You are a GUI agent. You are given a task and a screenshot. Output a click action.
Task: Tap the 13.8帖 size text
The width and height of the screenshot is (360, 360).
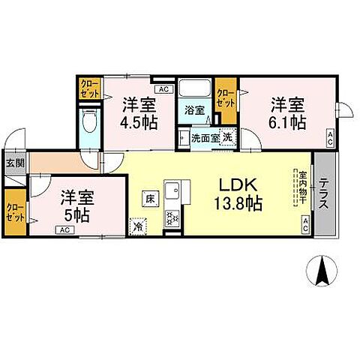tap(239, 202)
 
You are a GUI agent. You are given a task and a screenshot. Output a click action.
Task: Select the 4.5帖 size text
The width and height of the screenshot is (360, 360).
tap(141, 121)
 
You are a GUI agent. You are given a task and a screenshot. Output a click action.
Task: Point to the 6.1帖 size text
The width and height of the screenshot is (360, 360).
tap(287, 121)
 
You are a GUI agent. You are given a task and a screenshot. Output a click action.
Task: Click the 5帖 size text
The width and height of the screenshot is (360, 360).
tap(76, 215)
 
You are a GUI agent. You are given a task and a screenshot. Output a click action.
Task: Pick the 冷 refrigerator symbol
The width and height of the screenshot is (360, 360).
tap(139, 224)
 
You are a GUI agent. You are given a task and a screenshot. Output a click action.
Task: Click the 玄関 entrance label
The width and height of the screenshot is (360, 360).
tap(14, 162)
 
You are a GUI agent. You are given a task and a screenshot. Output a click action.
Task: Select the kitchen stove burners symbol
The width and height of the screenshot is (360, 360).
tap(171, 219)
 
